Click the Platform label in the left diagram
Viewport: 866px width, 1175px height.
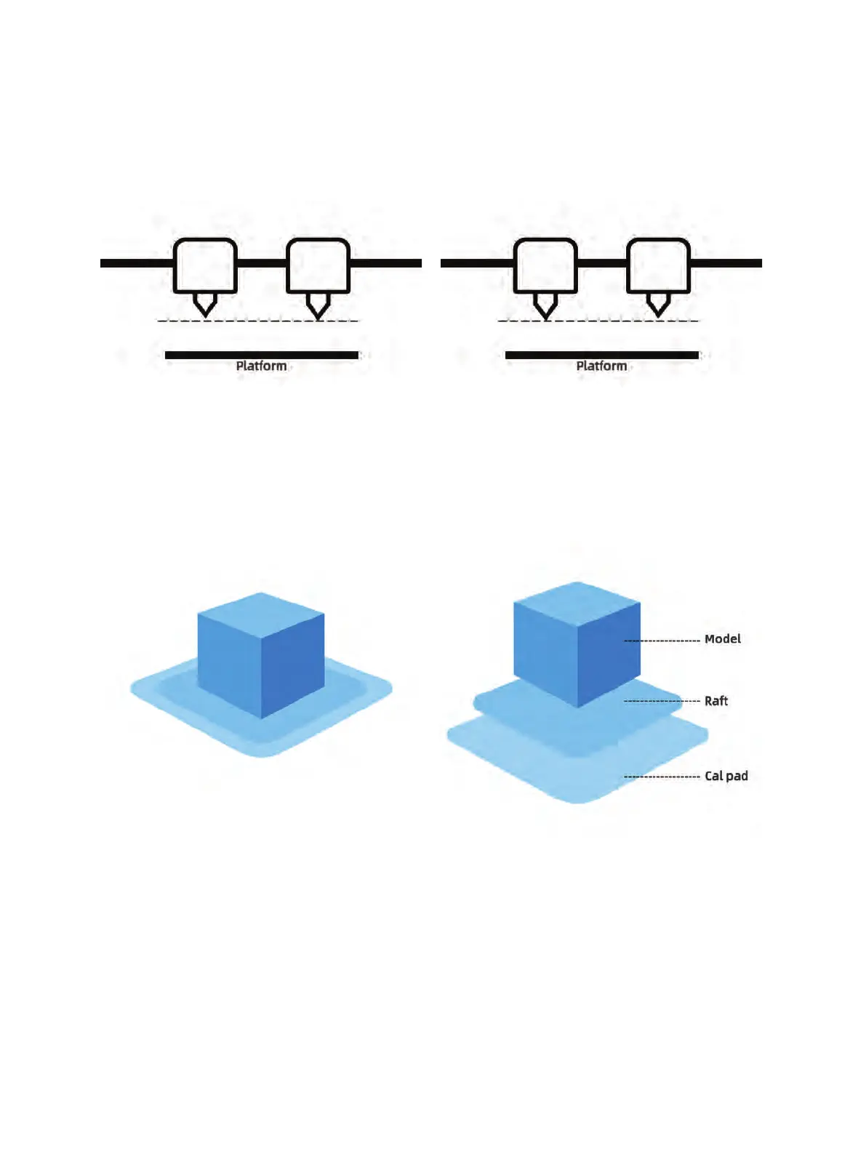(261, 366)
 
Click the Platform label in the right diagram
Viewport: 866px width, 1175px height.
(601, 366)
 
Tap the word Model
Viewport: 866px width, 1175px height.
(722, 639)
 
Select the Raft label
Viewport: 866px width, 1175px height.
(715, 701)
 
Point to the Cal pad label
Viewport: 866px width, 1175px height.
(726, 776)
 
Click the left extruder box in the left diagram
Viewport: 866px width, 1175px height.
(205, 265)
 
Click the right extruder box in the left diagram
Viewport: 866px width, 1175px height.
(318, 265)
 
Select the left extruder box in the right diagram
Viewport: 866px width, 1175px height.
(545, 265)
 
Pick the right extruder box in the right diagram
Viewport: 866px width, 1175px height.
(658, 265)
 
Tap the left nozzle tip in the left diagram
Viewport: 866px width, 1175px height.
(205, 307)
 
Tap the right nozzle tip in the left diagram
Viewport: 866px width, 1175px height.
(318, 308)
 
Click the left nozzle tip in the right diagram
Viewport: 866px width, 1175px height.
(545, 308)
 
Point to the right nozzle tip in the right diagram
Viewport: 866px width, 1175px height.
(658, 307)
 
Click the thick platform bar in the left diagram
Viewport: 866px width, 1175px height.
(262, 355)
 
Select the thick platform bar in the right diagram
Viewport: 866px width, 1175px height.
(602, 355)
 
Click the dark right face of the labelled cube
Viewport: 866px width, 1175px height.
(609, 651)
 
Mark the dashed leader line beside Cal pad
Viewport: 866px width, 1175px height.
(662, 777)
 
